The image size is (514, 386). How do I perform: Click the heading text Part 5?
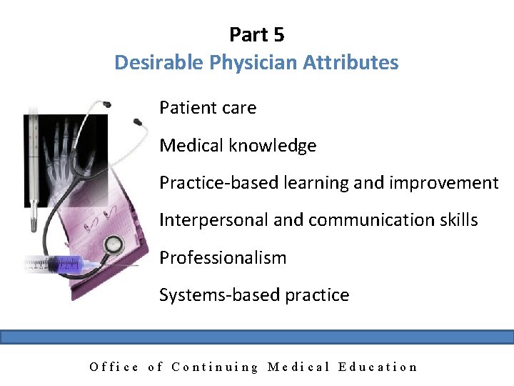257,34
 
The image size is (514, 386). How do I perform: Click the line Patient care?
208,108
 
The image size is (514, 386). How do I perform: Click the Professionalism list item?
223,258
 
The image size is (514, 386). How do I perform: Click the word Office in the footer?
114,367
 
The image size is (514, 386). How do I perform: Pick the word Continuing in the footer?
215,367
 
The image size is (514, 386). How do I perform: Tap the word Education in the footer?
378,367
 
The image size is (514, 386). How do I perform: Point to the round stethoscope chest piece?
113,245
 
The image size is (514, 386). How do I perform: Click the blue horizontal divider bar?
257,337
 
